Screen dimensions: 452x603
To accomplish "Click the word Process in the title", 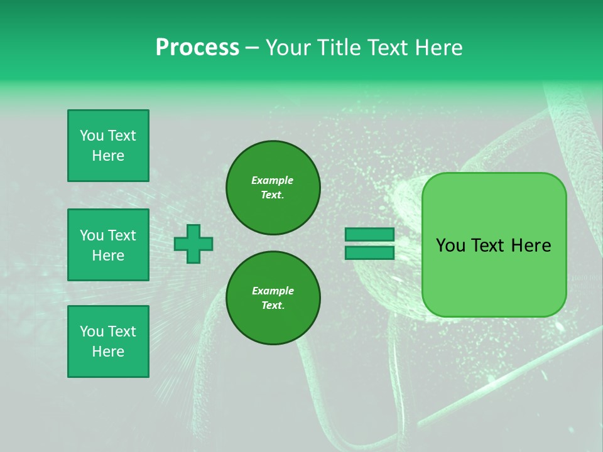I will pos(197,48).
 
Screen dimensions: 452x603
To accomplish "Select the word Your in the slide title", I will pos(288,48).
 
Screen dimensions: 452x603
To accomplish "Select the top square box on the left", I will pos(108,146).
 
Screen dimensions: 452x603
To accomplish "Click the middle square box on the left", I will pos(108,245).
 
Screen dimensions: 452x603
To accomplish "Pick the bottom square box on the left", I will pos(108,342).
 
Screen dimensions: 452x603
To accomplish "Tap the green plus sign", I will pos(193,244).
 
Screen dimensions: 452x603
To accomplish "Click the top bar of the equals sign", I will pos(369,234).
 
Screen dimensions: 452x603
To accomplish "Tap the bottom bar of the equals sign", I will pos(369,252).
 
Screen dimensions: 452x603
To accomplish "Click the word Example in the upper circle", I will pos(273,180).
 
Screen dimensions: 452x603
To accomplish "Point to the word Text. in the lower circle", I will pos(273,306).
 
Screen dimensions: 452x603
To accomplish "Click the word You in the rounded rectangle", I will pos(450,245).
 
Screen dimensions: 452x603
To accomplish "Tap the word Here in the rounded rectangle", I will pos(531,245).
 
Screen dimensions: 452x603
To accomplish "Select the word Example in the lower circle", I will pos(273,291).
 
